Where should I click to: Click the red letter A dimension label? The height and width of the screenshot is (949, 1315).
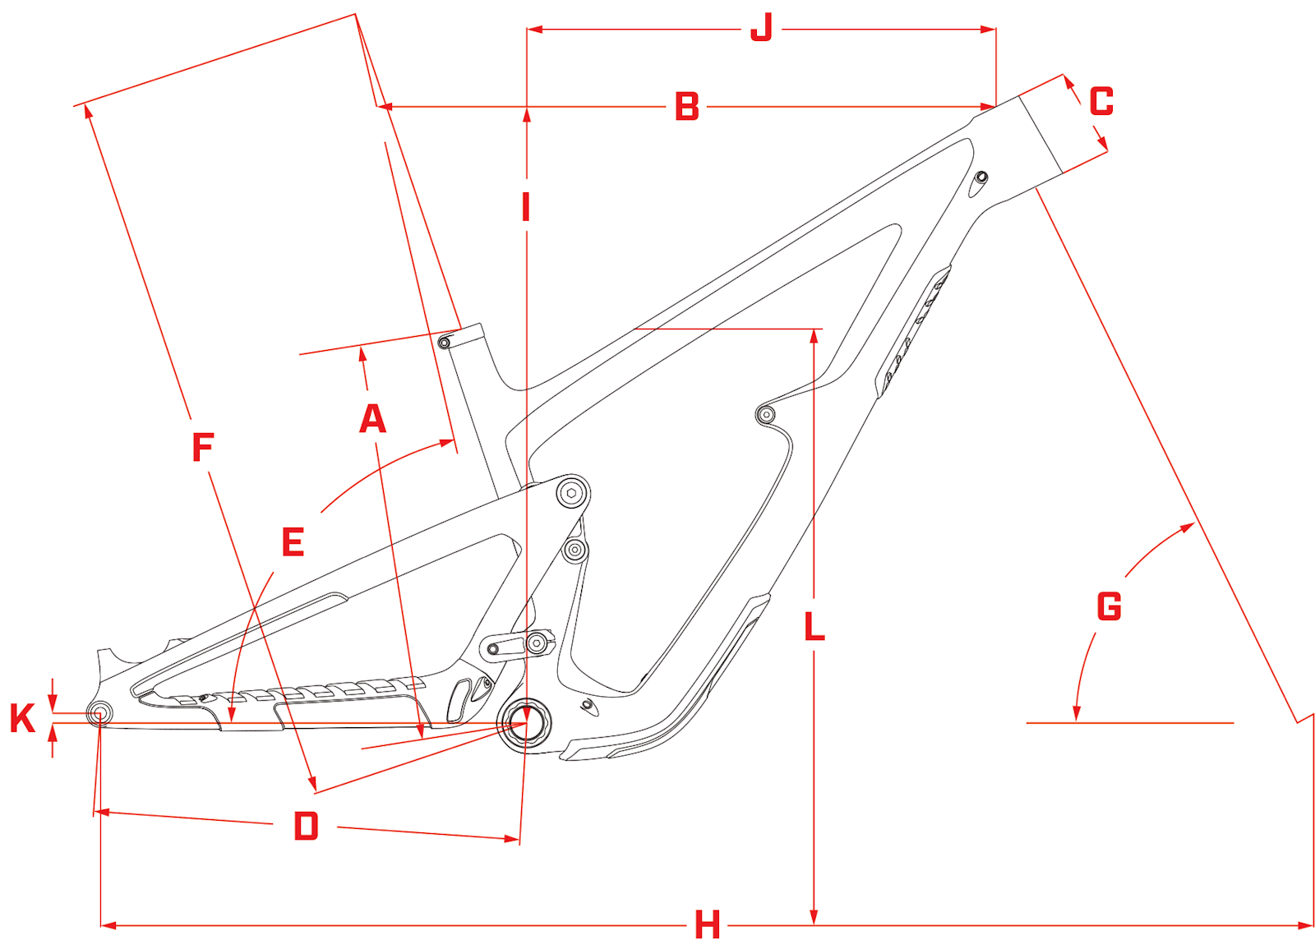(372, 419)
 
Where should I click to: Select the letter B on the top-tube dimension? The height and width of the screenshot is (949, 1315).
(687, 107)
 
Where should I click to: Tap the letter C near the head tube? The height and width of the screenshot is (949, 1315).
(1101, 102)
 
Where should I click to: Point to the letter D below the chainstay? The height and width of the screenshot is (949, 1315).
(306, 826)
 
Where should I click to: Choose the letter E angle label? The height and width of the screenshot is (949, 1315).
(293, 542)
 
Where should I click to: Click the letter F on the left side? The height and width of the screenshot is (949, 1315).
(202, 448)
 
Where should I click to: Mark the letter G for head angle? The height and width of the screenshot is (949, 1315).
(1109, 607)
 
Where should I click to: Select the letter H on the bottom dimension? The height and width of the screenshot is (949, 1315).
(707, 925)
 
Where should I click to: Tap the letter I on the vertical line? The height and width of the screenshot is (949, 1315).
(526, 207)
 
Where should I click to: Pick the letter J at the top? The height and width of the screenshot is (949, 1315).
(762, 29)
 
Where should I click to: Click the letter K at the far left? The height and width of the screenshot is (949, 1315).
(22, 718)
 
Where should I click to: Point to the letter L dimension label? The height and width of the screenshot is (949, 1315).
(814, 628)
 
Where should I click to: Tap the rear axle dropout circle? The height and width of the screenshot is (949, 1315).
(99, 712)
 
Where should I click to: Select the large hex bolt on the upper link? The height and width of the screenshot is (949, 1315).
(572, 493)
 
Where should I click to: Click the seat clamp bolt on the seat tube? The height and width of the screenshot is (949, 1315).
(445, 343)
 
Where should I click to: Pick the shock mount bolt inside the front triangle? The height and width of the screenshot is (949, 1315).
(765, 414)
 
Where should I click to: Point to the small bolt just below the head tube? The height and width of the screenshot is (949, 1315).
(980, 177)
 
